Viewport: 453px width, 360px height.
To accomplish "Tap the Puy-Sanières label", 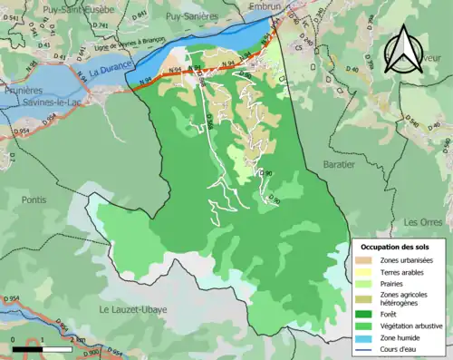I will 192,15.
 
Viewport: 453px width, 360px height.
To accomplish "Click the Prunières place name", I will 23,92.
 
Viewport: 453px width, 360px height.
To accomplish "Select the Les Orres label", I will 421,221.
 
